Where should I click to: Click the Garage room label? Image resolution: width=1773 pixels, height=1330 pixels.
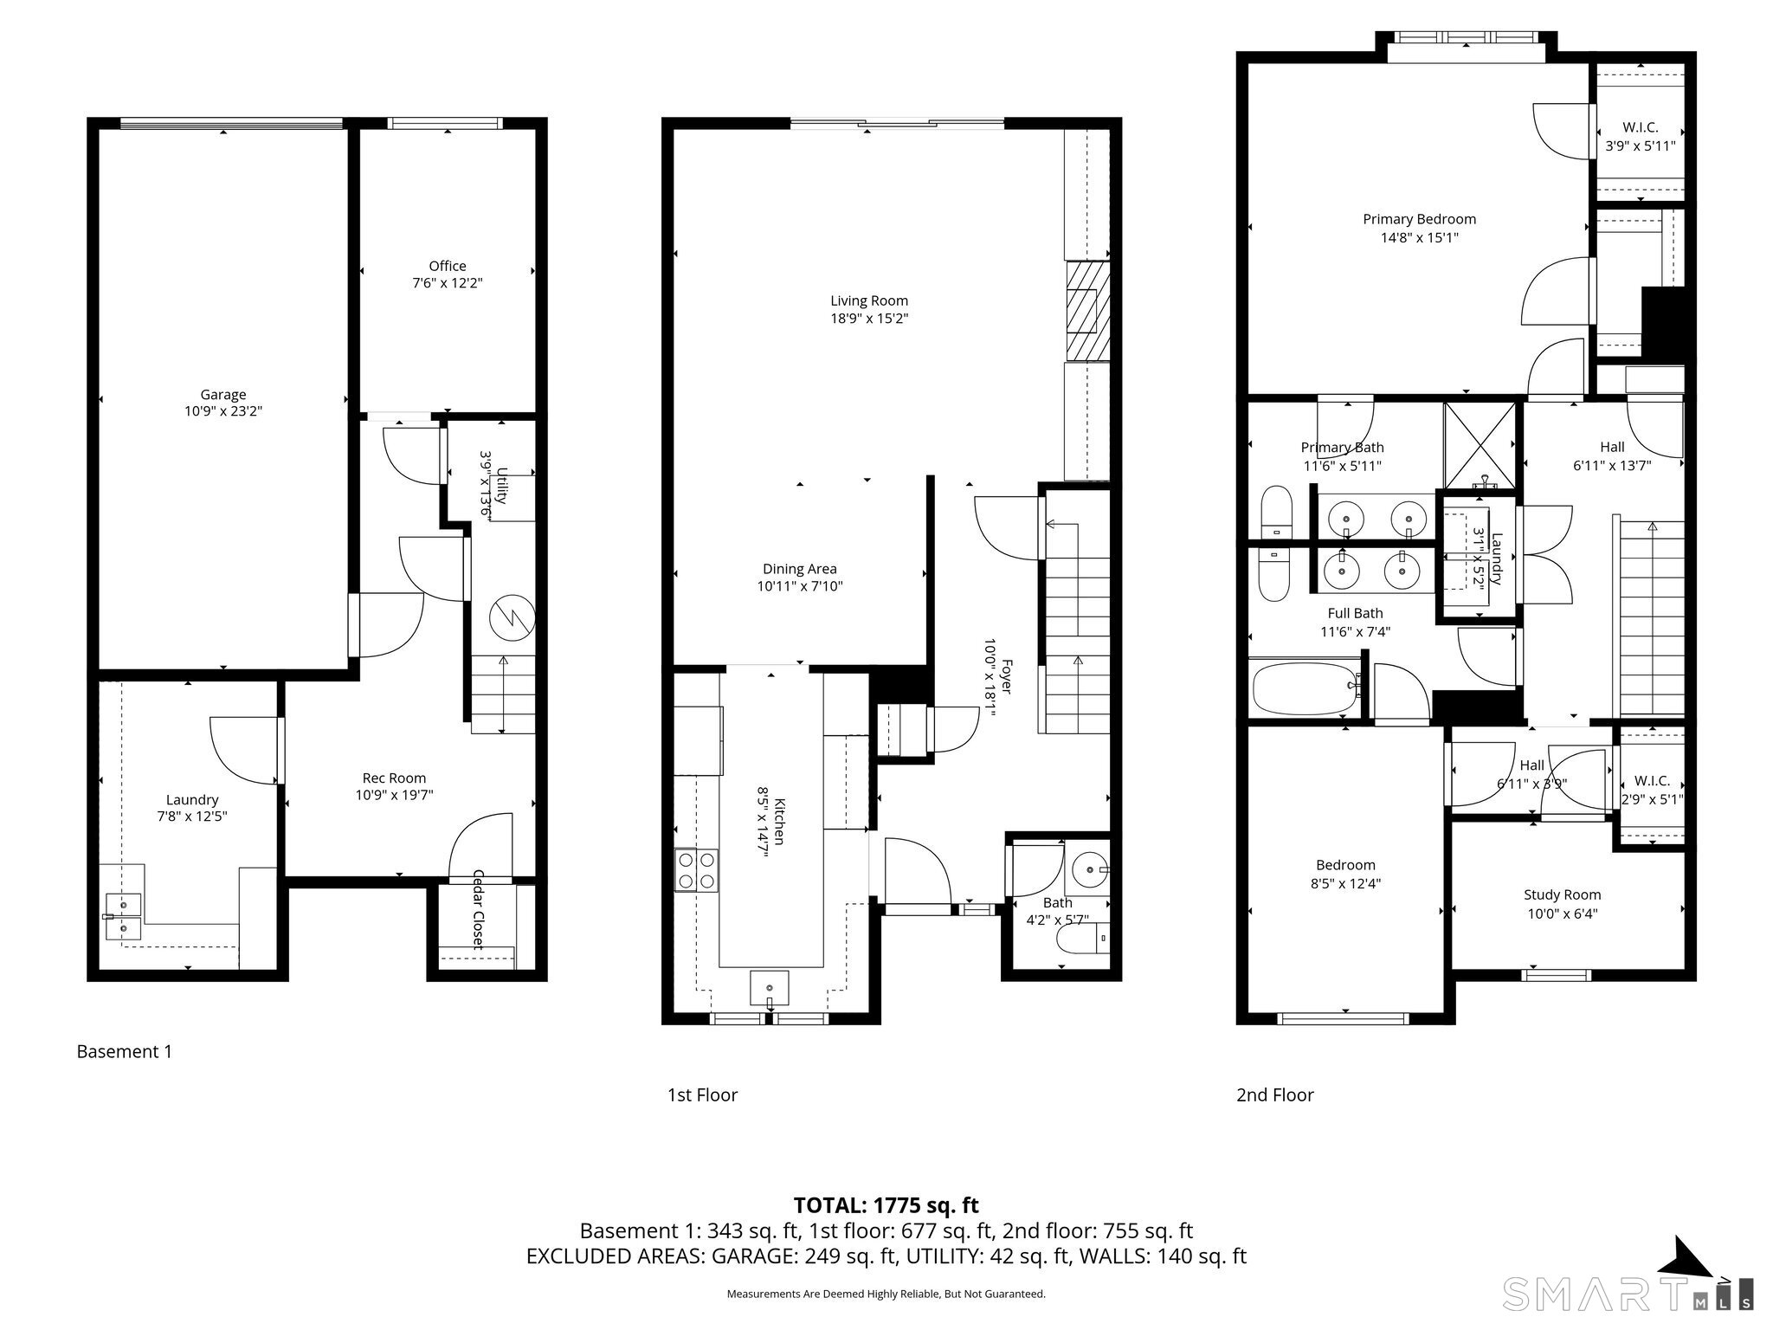[223, 395]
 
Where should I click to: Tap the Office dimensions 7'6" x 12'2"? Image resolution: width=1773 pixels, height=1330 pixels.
[448, 283]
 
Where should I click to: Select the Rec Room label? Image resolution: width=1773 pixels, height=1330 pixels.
[394, 778]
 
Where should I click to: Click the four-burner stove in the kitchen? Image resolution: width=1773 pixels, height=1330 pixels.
[697, 870]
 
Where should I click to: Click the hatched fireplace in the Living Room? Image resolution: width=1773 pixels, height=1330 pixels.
[1087, 311]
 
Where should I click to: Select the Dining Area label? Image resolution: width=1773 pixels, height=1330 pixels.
[799, 569]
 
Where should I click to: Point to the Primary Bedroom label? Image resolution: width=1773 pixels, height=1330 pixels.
[1419, 219]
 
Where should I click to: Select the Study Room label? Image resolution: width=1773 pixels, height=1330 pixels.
[1562, 894]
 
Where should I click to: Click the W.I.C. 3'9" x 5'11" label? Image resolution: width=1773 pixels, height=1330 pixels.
[1640, 145]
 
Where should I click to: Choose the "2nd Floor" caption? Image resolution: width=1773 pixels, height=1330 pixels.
[1274, 1095]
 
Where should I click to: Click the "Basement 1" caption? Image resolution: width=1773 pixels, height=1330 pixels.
[125, 1052]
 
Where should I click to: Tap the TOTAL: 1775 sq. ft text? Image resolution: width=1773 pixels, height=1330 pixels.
[886, 1205]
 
